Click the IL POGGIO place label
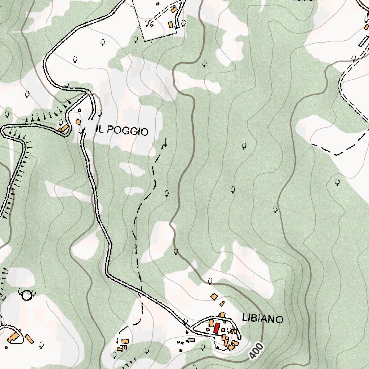(x=122, y=130)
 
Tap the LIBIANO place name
(x=263, y=319)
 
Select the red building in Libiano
(x=217, y=328)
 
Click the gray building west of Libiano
(x=191, y=340)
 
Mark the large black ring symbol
(x=27, y=295)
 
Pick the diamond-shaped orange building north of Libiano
(x=214, y=297)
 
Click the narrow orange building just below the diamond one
(x=222, y=304)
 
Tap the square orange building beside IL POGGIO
(x=78, y=122)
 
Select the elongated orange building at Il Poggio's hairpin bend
(x=63, y=128)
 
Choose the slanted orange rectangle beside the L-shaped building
(x=29, y=339)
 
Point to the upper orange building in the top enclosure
(x=174, y=10)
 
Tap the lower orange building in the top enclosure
(x=170, y=25)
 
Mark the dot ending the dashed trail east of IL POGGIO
(x=166, y=145)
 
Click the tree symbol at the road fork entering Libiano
(x=186, y=321)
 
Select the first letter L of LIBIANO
(x=245, y=319)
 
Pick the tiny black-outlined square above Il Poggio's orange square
(x=79, y=110)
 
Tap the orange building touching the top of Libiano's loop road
(x=223, y=315)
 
